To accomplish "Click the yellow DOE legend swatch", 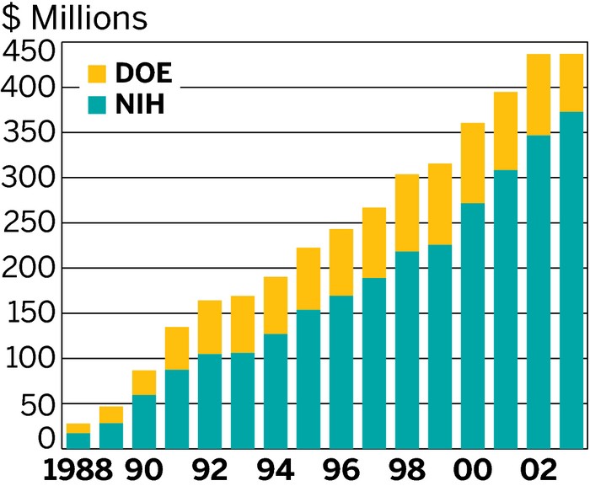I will coord(98,73).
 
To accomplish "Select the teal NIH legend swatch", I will coord(98,105).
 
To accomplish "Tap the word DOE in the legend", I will coord(143,73).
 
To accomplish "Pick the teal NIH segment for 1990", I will coord(144,421).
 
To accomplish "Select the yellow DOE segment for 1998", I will coord(407,212).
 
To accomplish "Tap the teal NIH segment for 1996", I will coord(341,371).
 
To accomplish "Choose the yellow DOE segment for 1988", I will coord(78,428).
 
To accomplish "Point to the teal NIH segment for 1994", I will coord(276,391).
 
